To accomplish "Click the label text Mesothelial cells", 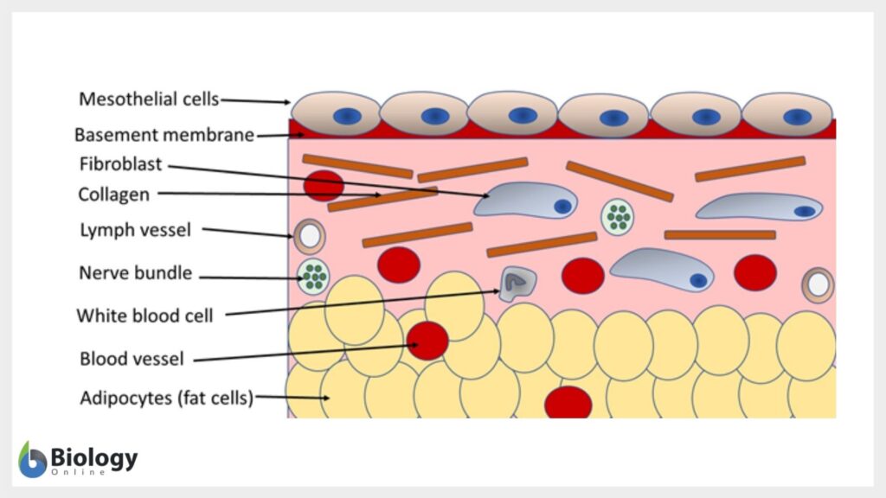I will coord(148,99).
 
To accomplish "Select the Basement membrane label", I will coord(164,135).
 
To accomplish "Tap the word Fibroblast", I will coord(120,163).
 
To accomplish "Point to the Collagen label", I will coord(113,195).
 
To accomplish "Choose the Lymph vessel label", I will coord(134,230).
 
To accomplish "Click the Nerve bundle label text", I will coord(135,274).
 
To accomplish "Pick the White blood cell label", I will coord(144,315).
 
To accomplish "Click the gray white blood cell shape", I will coord(517,282).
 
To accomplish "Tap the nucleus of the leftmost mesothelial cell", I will coord(348,116).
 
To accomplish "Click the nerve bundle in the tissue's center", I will coord(618,217).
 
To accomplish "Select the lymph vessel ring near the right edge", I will coord(818,284).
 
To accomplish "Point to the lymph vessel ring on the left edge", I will coord(309,235).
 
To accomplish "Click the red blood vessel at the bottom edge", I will coord(568,403).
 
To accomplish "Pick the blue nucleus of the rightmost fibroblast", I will coord(804,211).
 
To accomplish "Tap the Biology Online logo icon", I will coord(32,459).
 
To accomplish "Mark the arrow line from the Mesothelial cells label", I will coord(255,101).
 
